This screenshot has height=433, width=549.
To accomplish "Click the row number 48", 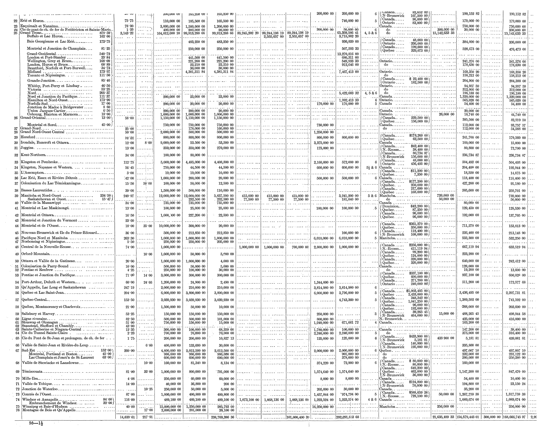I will [17, 247].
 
